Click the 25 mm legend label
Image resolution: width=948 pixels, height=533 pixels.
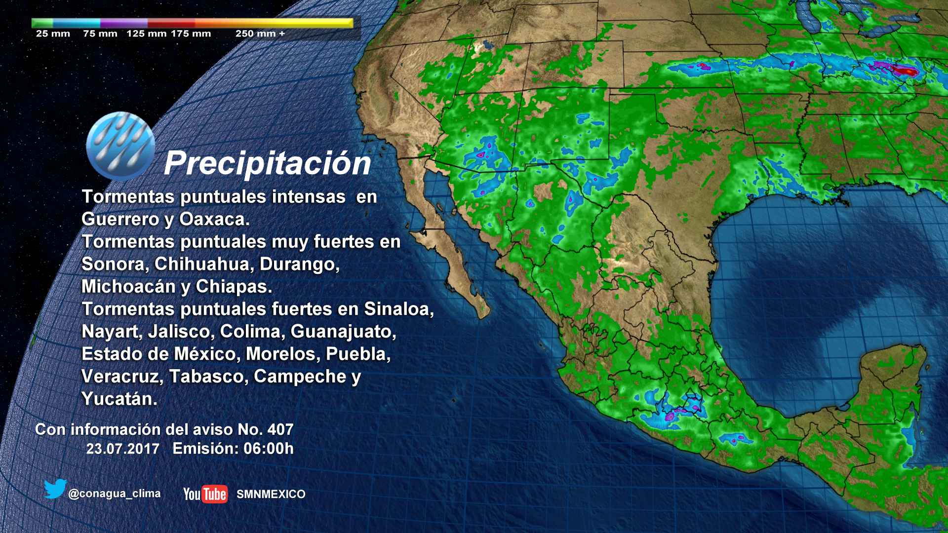[53, 34]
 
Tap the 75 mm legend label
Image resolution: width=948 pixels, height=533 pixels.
[100, 34]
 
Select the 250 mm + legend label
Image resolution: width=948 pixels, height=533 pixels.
[260, 34]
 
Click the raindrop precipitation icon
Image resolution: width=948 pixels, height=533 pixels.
[120, 146]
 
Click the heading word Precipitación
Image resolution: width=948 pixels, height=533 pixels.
[267, 163]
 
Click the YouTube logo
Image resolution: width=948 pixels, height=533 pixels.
[205, 494]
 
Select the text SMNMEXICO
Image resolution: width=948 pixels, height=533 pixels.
[271, 494]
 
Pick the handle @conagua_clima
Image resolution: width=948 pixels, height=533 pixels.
[114, 494]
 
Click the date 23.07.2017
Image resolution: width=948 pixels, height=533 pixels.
[123, 449]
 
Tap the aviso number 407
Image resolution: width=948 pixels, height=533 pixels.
[280, 429]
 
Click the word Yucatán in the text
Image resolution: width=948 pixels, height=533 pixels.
[119, 399]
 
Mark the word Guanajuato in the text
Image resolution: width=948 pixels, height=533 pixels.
[343, 331]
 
